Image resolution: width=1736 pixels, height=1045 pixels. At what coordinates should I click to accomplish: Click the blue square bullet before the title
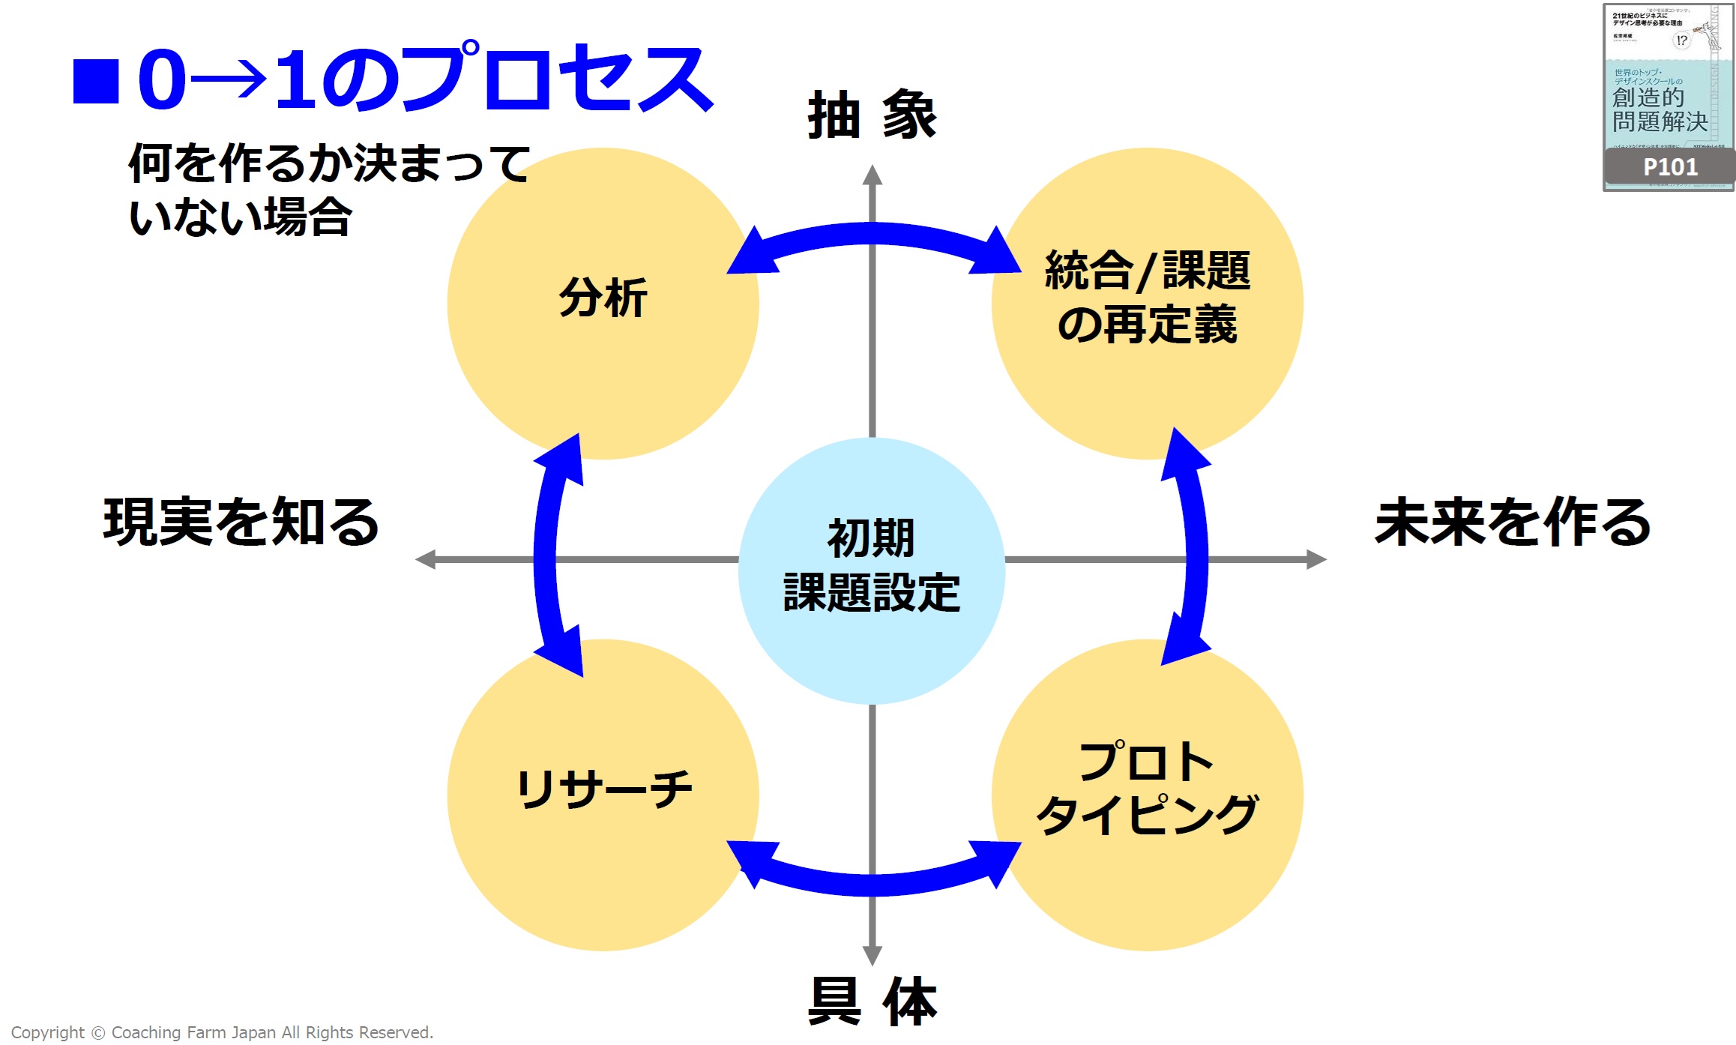(x=96, y=81)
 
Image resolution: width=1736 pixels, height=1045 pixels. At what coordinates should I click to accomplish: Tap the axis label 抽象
(x=872, y=115)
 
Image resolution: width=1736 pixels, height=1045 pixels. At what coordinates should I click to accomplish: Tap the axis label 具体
(x=872, y=1001)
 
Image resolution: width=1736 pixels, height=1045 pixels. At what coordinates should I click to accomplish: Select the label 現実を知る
(x=241, y=522)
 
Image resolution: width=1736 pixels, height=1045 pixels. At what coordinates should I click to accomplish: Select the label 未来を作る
(x=1513, y=522)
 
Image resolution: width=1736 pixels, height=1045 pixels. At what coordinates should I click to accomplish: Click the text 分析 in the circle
(x=603, y=298)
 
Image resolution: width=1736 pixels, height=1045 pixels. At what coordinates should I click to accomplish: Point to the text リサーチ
(x=604, y=789)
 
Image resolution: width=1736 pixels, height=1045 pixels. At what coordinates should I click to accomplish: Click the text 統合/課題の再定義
(x=1147, y=298)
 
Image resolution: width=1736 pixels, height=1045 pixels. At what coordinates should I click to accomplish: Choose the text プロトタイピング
(x=1147, y=789)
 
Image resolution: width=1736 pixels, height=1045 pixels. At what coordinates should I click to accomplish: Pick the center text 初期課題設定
(x=871, y=566)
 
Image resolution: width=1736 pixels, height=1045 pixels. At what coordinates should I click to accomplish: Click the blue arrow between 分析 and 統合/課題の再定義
(x=873, y=235)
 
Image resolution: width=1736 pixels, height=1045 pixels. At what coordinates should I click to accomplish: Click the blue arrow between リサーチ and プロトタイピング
(x=873, y=883)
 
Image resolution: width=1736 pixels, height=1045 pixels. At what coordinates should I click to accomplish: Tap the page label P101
(x=1670, y=167)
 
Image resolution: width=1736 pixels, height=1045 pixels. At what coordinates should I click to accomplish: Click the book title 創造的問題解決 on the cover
(x=1660, y=109)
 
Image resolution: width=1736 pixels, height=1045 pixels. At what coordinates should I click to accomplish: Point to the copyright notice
(x=222, y=1032)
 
